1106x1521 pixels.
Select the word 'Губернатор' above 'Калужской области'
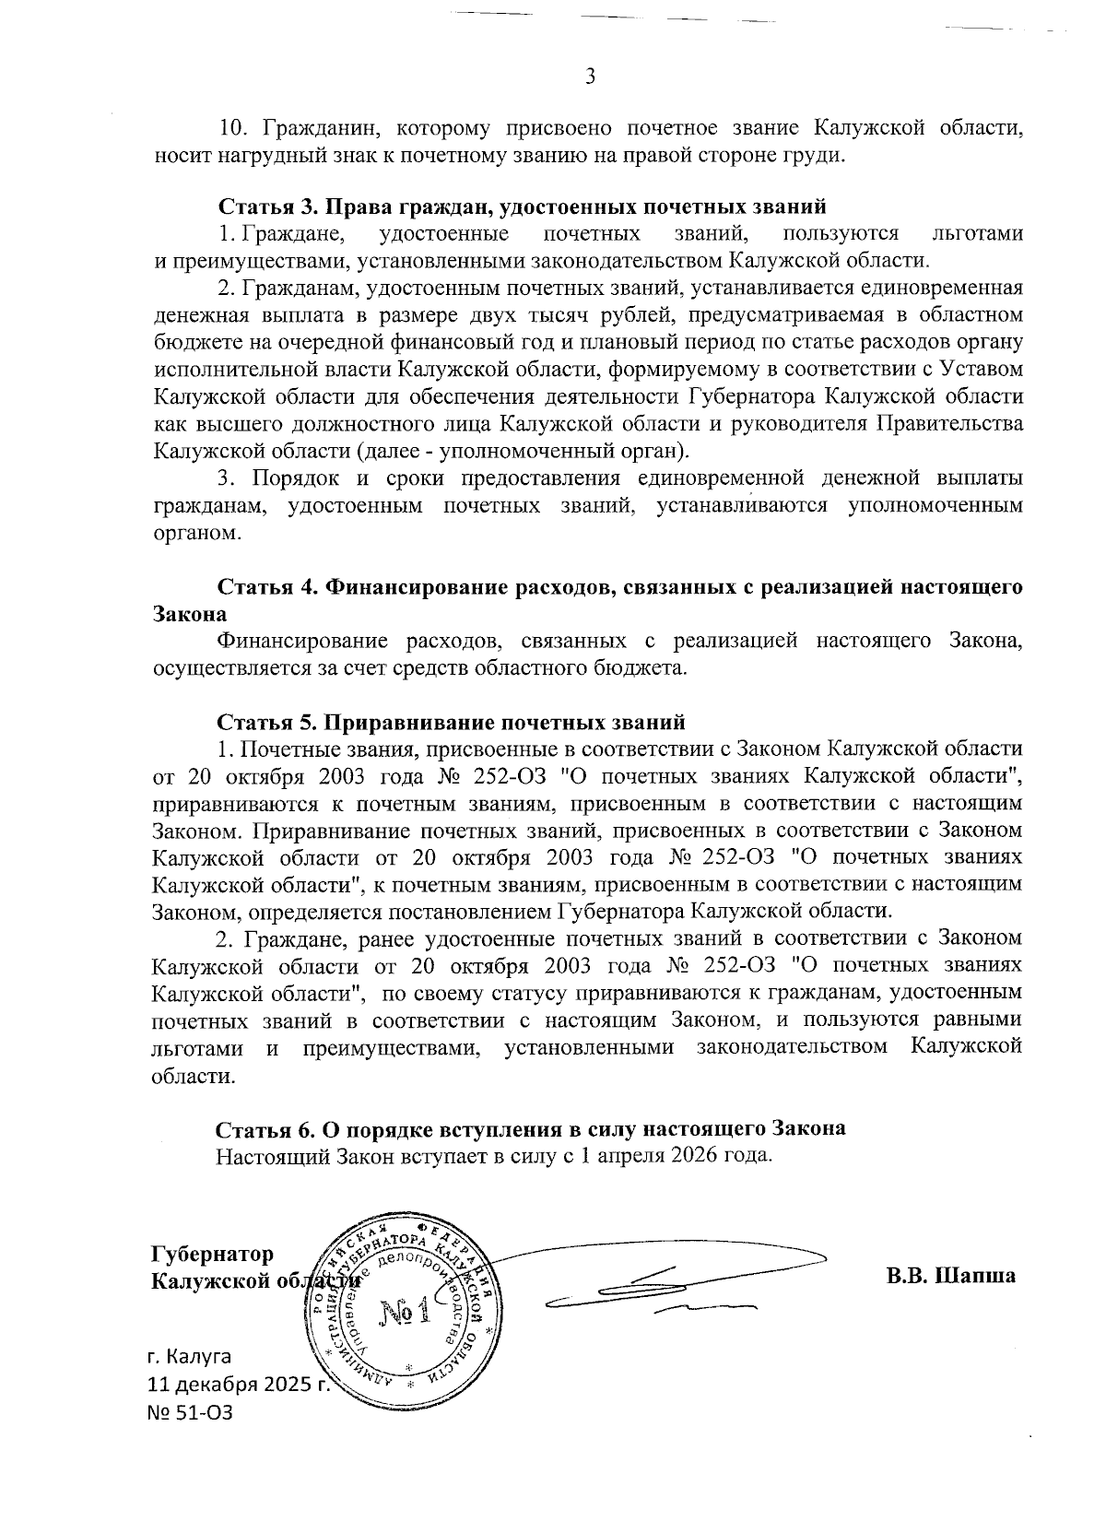(x=213, y=1255)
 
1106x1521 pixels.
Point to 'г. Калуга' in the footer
(x=190, y=1356)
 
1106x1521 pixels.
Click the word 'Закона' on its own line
(x=190, y=614)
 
